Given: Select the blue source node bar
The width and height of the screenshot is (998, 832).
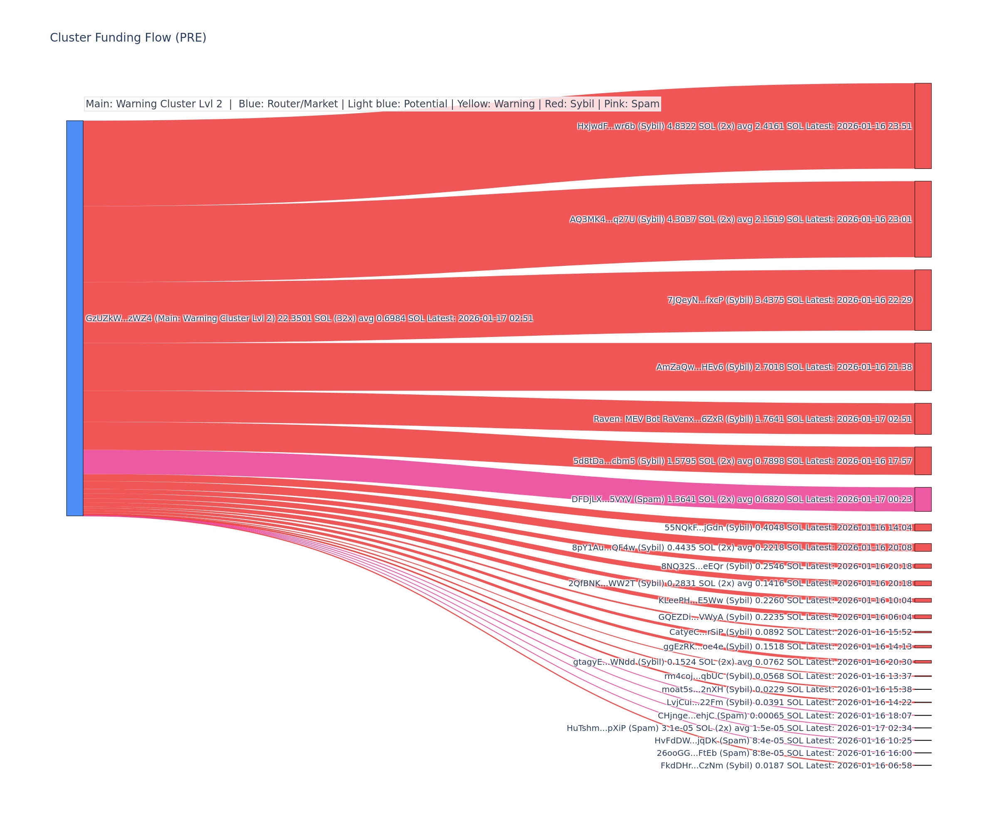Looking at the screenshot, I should coord(74,318).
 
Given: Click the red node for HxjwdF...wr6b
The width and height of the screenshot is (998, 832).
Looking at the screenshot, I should coord(923,126).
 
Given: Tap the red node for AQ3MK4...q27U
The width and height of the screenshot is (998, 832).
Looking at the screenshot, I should coord(923,219).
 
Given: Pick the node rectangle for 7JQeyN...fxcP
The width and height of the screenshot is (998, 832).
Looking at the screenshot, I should coord(923,300).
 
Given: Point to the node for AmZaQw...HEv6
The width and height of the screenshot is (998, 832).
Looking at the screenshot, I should coord(923,367).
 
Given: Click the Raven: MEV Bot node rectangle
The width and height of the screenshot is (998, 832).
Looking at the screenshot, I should coord(923,419).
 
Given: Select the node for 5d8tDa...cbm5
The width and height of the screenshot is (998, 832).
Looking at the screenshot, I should coord(923,461).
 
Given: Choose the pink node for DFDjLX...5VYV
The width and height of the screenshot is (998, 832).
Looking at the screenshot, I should coord(923,499).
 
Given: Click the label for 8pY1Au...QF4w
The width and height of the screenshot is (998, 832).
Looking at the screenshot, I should coord(742,548).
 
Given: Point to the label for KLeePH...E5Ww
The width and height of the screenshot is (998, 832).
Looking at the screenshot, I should coord(785,600).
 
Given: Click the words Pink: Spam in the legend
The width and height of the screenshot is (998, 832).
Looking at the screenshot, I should coord(632,104).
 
